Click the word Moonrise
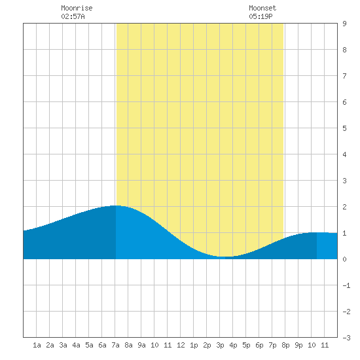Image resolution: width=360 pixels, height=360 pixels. [77, 8]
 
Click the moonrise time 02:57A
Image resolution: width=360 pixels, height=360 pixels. [73, 16]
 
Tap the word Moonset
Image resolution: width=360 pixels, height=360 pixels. [262, 8]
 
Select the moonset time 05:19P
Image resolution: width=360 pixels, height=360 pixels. [261, 16]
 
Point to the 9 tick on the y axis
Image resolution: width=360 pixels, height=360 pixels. [344, 24]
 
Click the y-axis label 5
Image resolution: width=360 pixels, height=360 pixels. [344, 128]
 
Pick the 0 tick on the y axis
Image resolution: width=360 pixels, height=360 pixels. [344, 259]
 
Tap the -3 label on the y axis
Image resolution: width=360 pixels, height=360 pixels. [346, 338]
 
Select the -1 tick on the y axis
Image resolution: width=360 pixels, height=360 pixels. [346, 285]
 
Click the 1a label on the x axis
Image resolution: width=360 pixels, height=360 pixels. [37, 345]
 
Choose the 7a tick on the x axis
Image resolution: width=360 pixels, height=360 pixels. [115, 345]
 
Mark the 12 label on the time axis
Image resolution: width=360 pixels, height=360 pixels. [181, 345]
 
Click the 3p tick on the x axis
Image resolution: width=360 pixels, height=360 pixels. [220, 345]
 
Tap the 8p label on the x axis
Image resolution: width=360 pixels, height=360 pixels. [285, 345]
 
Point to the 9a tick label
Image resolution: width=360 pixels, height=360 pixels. [141, 345]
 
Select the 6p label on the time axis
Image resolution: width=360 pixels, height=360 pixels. [259, 345]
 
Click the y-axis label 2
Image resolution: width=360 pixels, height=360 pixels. [344, 207]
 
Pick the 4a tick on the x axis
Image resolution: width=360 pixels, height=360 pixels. [76, 345]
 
